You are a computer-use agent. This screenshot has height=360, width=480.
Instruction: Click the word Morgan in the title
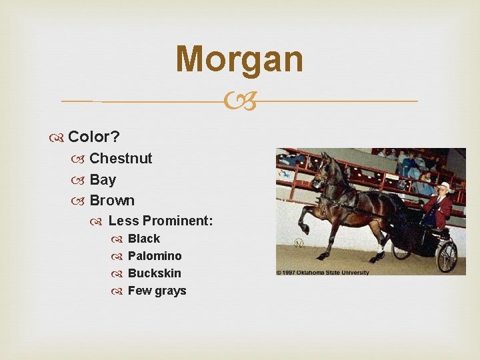[x=239, y=59]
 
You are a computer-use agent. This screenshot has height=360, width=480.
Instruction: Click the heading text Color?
[x=94, y=137]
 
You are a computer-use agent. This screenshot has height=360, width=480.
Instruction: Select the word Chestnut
[x=121, y=158]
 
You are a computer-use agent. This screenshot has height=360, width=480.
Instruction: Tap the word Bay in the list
[x=103, y=179]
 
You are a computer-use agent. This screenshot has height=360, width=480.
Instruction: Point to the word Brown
[x=112, y=200]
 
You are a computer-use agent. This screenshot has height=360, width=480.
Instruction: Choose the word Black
[x=144, y=239]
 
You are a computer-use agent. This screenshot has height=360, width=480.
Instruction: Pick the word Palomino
[x=155, y=256]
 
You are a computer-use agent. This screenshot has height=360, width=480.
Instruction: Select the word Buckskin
[x=155, y=273]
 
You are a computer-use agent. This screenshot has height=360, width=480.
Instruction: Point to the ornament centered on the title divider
[x=240, y=101]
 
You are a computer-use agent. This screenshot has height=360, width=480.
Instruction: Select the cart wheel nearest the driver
[x=446, y=256]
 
